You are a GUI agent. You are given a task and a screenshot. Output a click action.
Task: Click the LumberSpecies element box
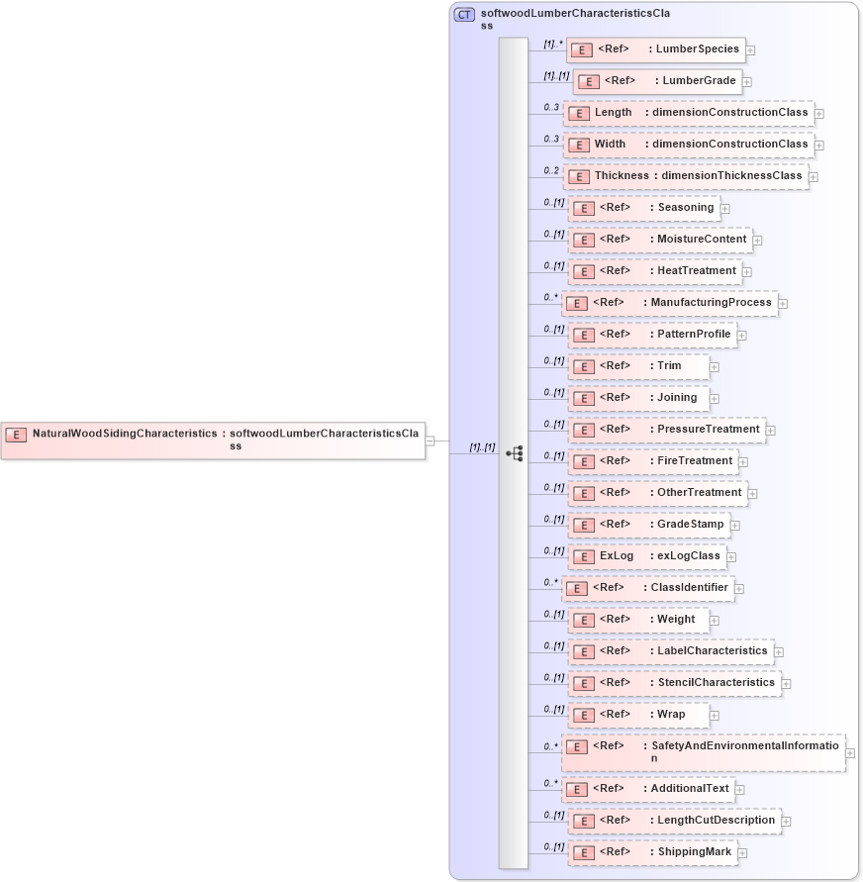[x=655, y=49]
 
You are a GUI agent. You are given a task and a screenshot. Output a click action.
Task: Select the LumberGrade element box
[x=658, y=81]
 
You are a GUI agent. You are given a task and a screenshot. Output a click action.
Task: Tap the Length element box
[x=688, y=113]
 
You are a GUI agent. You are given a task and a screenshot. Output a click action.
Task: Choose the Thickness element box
[x=685, y=176]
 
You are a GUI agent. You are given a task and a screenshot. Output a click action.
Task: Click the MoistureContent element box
[x=658, y=240]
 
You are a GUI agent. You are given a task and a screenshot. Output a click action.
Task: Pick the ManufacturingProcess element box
[x=669, y=303]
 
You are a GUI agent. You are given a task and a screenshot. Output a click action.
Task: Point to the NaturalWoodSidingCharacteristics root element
[x=213, y=440]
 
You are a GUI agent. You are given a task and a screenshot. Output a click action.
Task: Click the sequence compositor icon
[x=514, y=453]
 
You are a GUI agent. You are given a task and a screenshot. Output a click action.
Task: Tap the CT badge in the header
[x=463, y=14]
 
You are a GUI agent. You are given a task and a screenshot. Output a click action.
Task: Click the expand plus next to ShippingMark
[x=742, y=852]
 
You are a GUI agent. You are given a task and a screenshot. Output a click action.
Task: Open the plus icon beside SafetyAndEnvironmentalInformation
[x=850, y=753]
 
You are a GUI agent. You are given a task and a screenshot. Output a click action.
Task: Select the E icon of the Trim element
[x=583, y=366]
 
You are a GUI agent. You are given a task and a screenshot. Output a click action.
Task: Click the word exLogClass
[x=689, y=556]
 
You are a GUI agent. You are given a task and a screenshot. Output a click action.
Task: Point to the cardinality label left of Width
[x=551, y=139]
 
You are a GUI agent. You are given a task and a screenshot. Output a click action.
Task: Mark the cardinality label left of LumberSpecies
[x=552, y=44]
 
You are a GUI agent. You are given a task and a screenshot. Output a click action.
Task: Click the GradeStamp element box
[x=648, y=525]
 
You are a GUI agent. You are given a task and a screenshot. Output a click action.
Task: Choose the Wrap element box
[x=638, y=715]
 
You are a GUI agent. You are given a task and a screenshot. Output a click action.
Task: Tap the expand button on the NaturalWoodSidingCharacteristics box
[x=431, y=441]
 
